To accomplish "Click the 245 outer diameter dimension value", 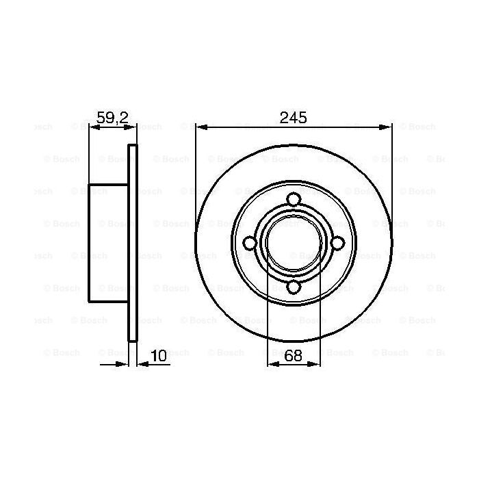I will [294, 117].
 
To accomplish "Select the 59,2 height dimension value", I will [112, 117].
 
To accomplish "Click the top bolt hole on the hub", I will [294, 199].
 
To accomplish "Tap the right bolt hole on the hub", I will [338, 244].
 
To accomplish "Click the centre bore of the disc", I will [294, 244].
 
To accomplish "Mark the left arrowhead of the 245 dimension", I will [199, 127].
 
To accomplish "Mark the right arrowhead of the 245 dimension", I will [388, 127].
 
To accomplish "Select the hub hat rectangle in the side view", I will [108, 242].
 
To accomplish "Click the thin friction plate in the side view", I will [133, 242].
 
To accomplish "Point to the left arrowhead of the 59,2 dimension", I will [92, 127].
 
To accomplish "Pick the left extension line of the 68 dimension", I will [267, 322].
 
